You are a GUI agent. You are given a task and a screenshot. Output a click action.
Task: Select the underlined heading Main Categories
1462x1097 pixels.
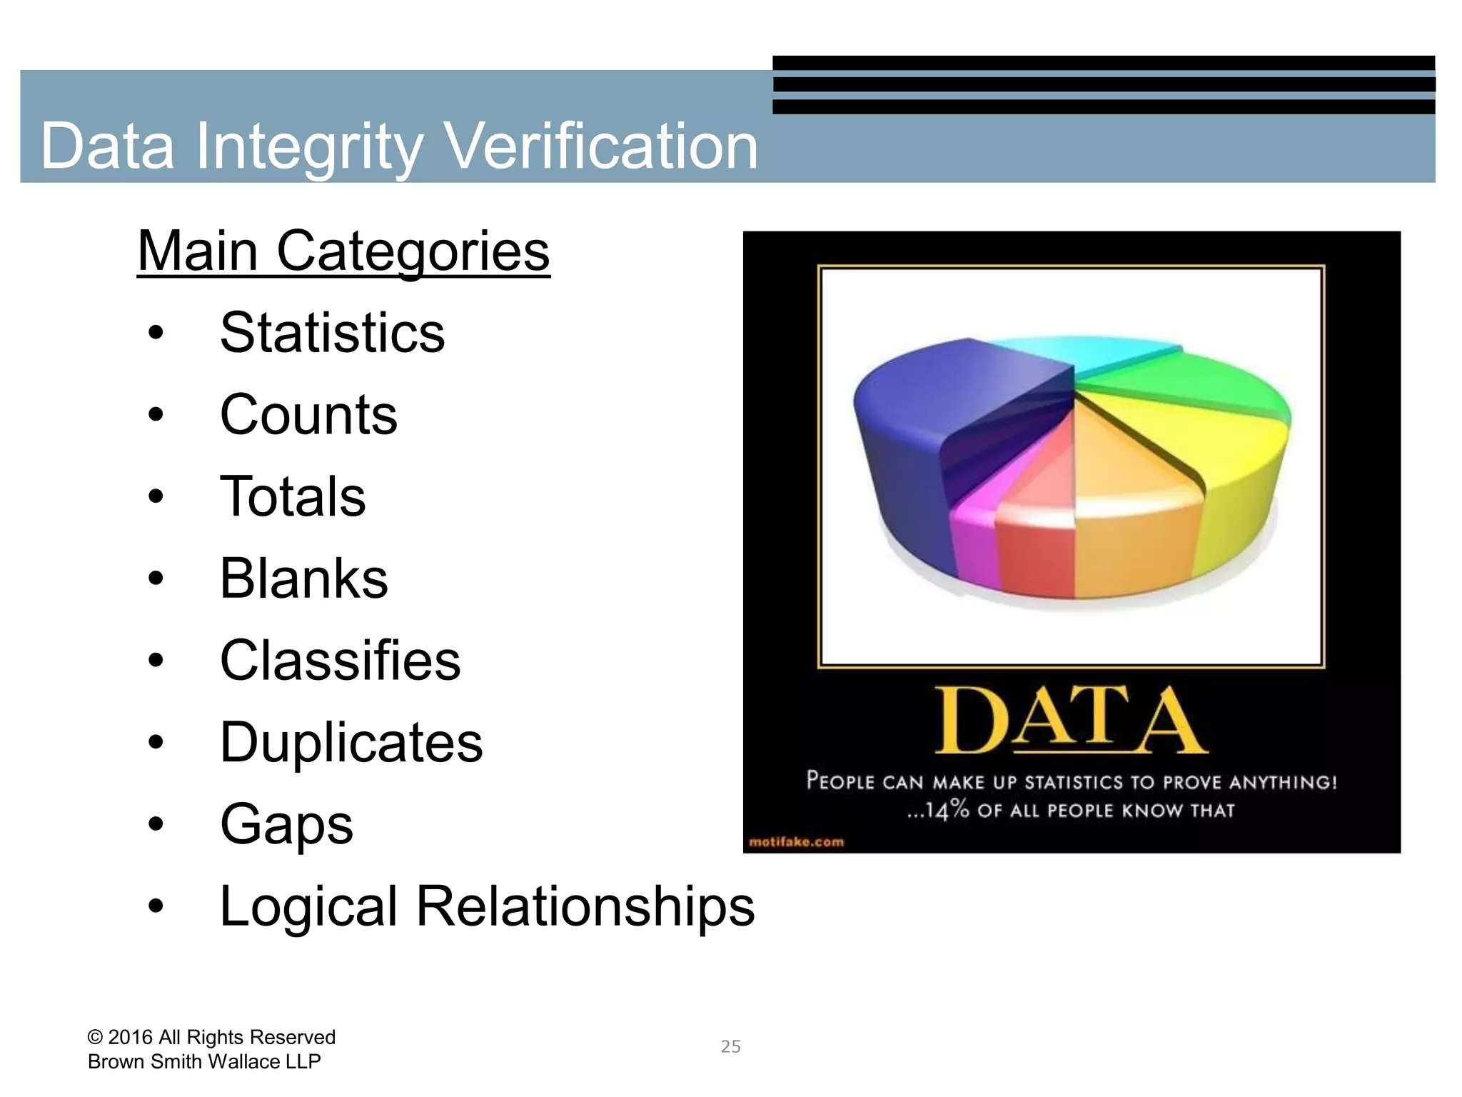pos(343,251)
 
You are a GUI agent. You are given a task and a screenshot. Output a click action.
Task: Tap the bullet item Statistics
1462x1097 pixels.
pos(332,333)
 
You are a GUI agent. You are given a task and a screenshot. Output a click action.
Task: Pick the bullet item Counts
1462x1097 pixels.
pos(308,415)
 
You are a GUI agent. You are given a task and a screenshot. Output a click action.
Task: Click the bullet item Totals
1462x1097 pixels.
pos(293,496)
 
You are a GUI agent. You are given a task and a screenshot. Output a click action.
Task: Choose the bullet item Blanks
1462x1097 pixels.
pos(303,578)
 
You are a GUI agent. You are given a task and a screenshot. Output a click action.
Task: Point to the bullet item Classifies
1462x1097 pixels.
pos(340,661)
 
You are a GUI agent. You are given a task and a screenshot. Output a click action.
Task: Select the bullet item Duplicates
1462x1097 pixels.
pos(351,743)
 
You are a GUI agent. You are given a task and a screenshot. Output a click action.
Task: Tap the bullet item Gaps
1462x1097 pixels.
pos(286,825)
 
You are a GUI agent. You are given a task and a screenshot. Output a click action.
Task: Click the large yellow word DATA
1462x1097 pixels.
pos(1071,721)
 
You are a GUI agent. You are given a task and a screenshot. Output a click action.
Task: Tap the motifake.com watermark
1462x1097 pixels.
pos(796,842)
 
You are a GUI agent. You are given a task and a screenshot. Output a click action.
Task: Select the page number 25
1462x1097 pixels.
pos(730,1047)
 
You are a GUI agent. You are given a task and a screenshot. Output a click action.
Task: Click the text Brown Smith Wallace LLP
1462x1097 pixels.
pos(204,1062)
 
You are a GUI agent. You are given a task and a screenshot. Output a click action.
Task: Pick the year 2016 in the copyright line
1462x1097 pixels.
pos(130,1037)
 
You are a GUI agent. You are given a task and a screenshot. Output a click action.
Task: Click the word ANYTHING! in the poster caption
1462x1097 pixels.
pos(1282,783)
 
